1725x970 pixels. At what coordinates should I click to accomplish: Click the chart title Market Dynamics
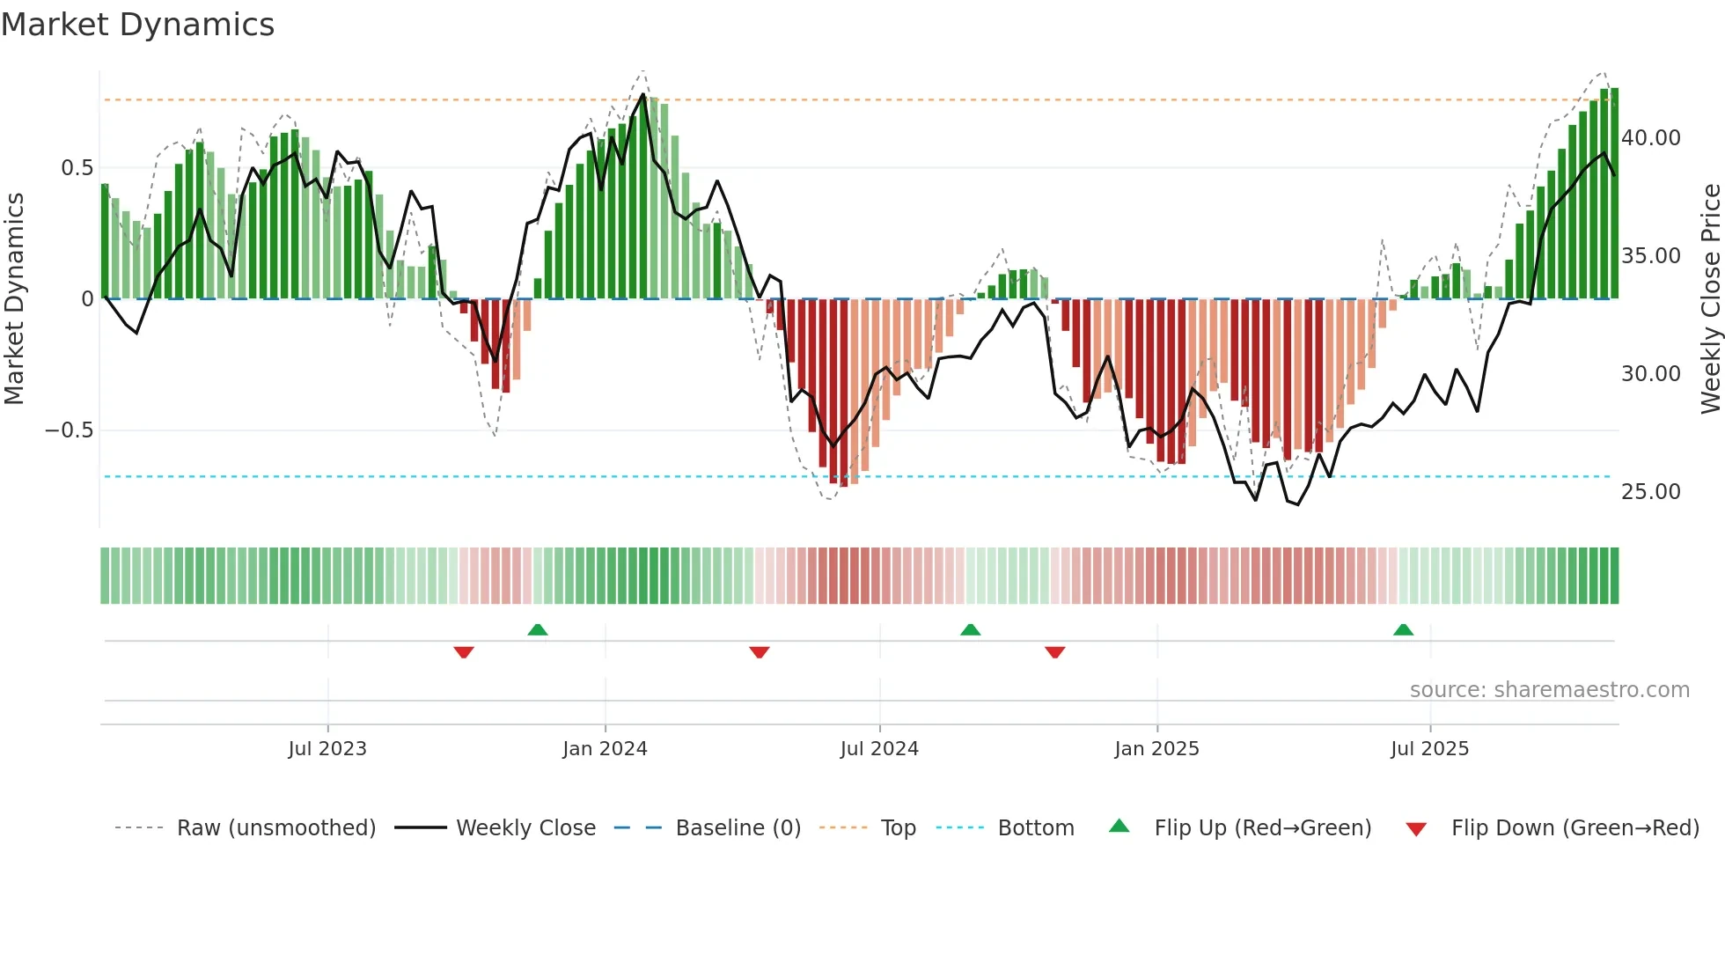(138, 25)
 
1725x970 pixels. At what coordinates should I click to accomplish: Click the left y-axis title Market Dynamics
(15, 299)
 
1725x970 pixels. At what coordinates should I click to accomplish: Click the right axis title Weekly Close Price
(1710, 299)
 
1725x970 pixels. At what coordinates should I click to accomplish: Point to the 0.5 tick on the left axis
(77, 168)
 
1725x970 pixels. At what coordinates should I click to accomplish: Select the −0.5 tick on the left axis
(69, 430)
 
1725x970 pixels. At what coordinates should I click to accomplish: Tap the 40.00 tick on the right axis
(1650, 138)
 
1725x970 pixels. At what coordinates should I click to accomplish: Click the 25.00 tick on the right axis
(1650, 492)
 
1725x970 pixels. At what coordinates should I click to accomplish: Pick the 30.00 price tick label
(1650, 374)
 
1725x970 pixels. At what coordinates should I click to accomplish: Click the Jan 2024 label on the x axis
(605, 749)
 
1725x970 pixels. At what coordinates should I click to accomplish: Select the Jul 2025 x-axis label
(1429, 749)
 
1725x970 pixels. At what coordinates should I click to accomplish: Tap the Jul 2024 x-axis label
(879, 749)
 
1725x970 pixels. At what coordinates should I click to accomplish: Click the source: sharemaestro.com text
(1549, 690)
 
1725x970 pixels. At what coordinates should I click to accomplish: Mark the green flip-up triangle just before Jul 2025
(1403, 630)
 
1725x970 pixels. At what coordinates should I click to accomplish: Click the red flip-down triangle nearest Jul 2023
(464, 652)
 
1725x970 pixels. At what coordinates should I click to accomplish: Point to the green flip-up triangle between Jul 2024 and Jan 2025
(970, 630)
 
